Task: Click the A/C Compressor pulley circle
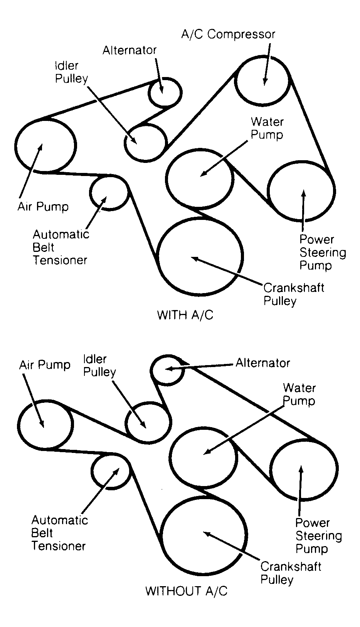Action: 262,80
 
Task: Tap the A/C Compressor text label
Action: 228,34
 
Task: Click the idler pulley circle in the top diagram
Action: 146,142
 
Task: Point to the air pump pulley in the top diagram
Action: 45,144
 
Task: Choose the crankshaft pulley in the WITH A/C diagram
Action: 200,256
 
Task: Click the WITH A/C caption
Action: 185,315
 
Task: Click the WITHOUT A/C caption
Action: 187,590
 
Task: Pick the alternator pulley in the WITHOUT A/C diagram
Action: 167,369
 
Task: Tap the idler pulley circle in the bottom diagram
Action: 148,422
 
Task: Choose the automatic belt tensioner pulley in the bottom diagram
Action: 111,471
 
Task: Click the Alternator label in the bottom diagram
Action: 263,363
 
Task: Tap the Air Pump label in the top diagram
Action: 43,206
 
